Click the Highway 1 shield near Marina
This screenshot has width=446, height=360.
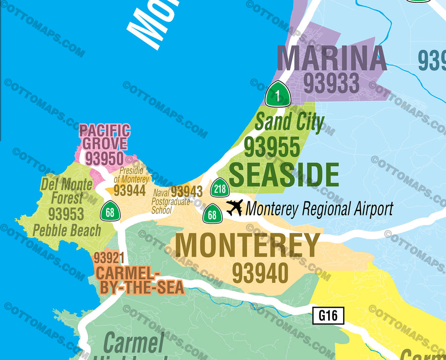(x=278, y=95)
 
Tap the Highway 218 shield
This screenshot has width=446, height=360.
(x=220, y=189)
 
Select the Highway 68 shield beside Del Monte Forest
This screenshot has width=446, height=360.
(x=110, y=212)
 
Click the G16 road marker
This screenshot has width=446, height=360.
(x=328, y=316)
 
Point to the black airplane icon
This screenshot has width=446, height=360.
(x=235, y=207)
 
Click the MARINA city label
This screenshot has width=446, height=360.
(x=331, y=59)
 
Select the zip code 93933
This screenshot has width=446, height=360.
(x=331, y=84)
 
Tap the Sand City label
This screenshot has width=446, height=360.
(x=289, y=123)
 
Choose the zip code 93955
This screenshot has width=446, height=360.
(x=272, y=147)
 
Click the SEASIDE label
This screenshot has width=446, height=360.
(x=284, y=175)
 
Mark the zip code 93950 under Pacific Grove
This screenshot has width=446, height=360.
(x=104, y=159)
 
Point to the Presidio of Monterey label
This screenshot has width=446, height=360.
(x=131, y=175)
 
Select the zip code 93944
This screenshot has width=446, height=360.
(x=130, y=190)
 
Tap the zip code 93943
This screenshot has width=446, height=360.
(x=186, y=191)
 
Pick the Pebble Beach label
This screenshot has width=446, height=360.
(x=67, y=230)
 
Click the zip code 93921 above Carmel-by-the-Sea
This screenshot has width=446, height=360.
(x=108, y=258)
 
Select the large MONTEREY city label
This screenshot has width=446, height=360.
(x=247, y=245)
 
